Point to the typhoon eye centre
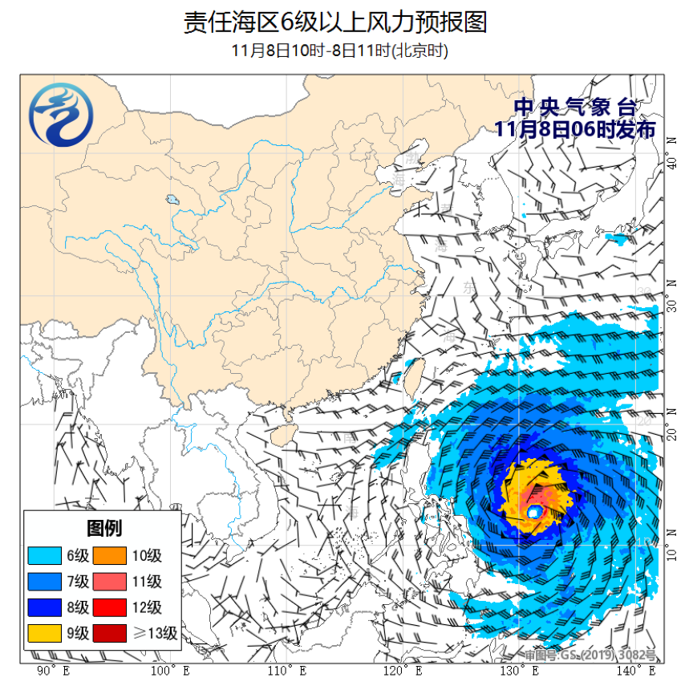[x=534, y=511]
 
